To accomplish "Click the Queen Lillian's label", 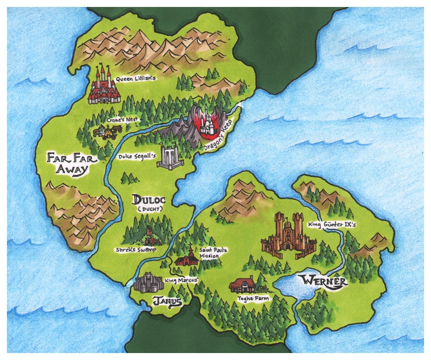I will pos(135,79).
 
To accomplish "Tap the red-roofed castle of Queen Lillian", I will pos(104,87).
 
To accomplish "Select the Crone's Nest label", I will pos(122,120).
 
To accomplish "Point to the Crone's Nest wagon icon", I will pos(105,132).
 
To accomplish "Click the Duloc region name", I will pos(149,200).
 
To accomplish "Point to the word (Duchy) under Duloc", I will pos(149,210).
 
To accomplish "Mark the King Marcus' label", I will pos(182,280).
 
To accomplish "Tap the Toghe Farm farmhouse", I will pos(245,285).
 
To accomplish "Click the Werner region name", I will pos(323,281).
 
